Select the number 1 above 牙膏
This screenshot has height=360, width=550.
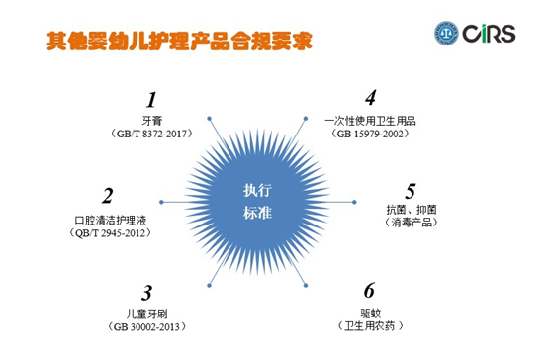coord(151,99)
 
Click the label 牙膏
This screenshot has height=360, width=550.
coord(151,119)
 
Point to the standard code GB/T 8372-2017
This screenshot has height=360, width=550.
coord(152,133)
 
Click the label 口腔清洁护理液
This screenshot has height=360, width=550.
coord(110,218)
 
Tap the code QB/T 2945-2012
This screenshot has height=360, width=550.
coord(109,232)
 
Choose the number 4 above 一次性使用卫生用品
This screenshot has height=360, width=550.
coord(370,98)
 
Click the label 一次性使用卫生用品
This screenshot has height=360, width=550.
coord(370,119)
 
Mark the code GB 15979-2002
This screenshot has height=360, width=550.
coord(370,133)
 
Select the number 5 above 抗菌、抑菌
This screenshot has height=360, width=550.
coord(411,190)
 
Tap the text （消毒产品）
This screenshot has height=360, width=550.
coord(411,224)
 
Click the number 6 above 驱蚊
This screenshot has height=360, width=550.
coord(369,290)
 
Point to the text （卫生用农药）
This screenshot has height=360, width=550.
coord(369,325)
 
